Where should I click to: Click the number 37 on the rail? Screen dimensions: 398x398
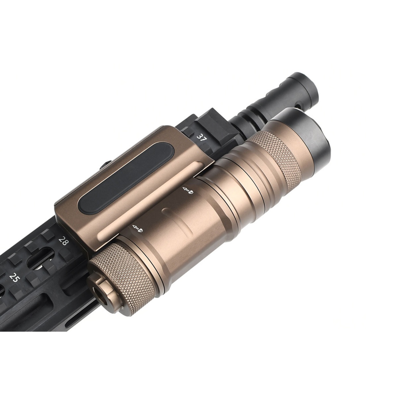[202, 138]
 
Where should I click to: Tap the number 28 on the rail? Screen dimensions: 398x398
[63, 240]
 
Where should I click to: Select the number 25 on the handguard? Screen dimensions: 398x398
[14, 277]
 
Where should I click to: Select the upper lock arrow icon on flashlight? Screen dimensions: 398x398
[188, 190]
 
